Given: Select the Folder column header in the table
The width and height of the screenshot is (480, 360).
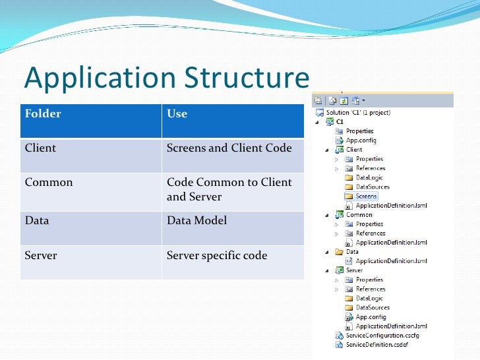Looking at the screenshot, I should point(43,114).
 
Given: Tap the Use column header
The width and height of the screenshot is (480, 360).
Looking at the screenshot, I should point(177,114).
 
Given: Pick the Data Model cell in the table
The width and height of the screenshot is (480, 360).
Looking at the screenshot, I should point(196,221).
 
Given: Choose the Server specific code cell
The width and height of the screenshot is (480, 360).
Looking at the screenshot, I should point(217,255).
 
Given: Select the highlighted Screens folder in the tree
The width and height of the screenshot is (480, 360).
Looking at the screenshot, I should point(366,196).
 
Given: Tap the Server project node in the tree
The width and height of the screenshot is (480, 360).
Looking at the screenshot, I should point(354,270).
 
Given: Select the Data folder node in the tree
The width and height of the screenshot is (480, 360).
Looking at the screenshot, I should point(352,251).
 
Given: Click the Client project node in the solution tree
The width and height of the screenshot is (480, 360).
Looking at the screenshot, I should point(354,150).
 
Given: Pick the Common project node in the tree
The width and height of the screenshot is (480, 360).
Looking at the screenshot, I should point(359,214).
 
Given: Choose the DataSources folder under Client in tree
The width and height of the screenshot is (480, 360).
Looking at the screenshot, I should point(373,187).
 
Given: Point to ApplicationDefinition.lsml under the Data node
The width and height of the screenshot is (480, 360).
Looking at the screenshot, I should point(391,260).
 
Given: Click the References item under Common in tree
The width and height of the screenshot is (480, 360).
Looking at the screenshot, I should point(371,233).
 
